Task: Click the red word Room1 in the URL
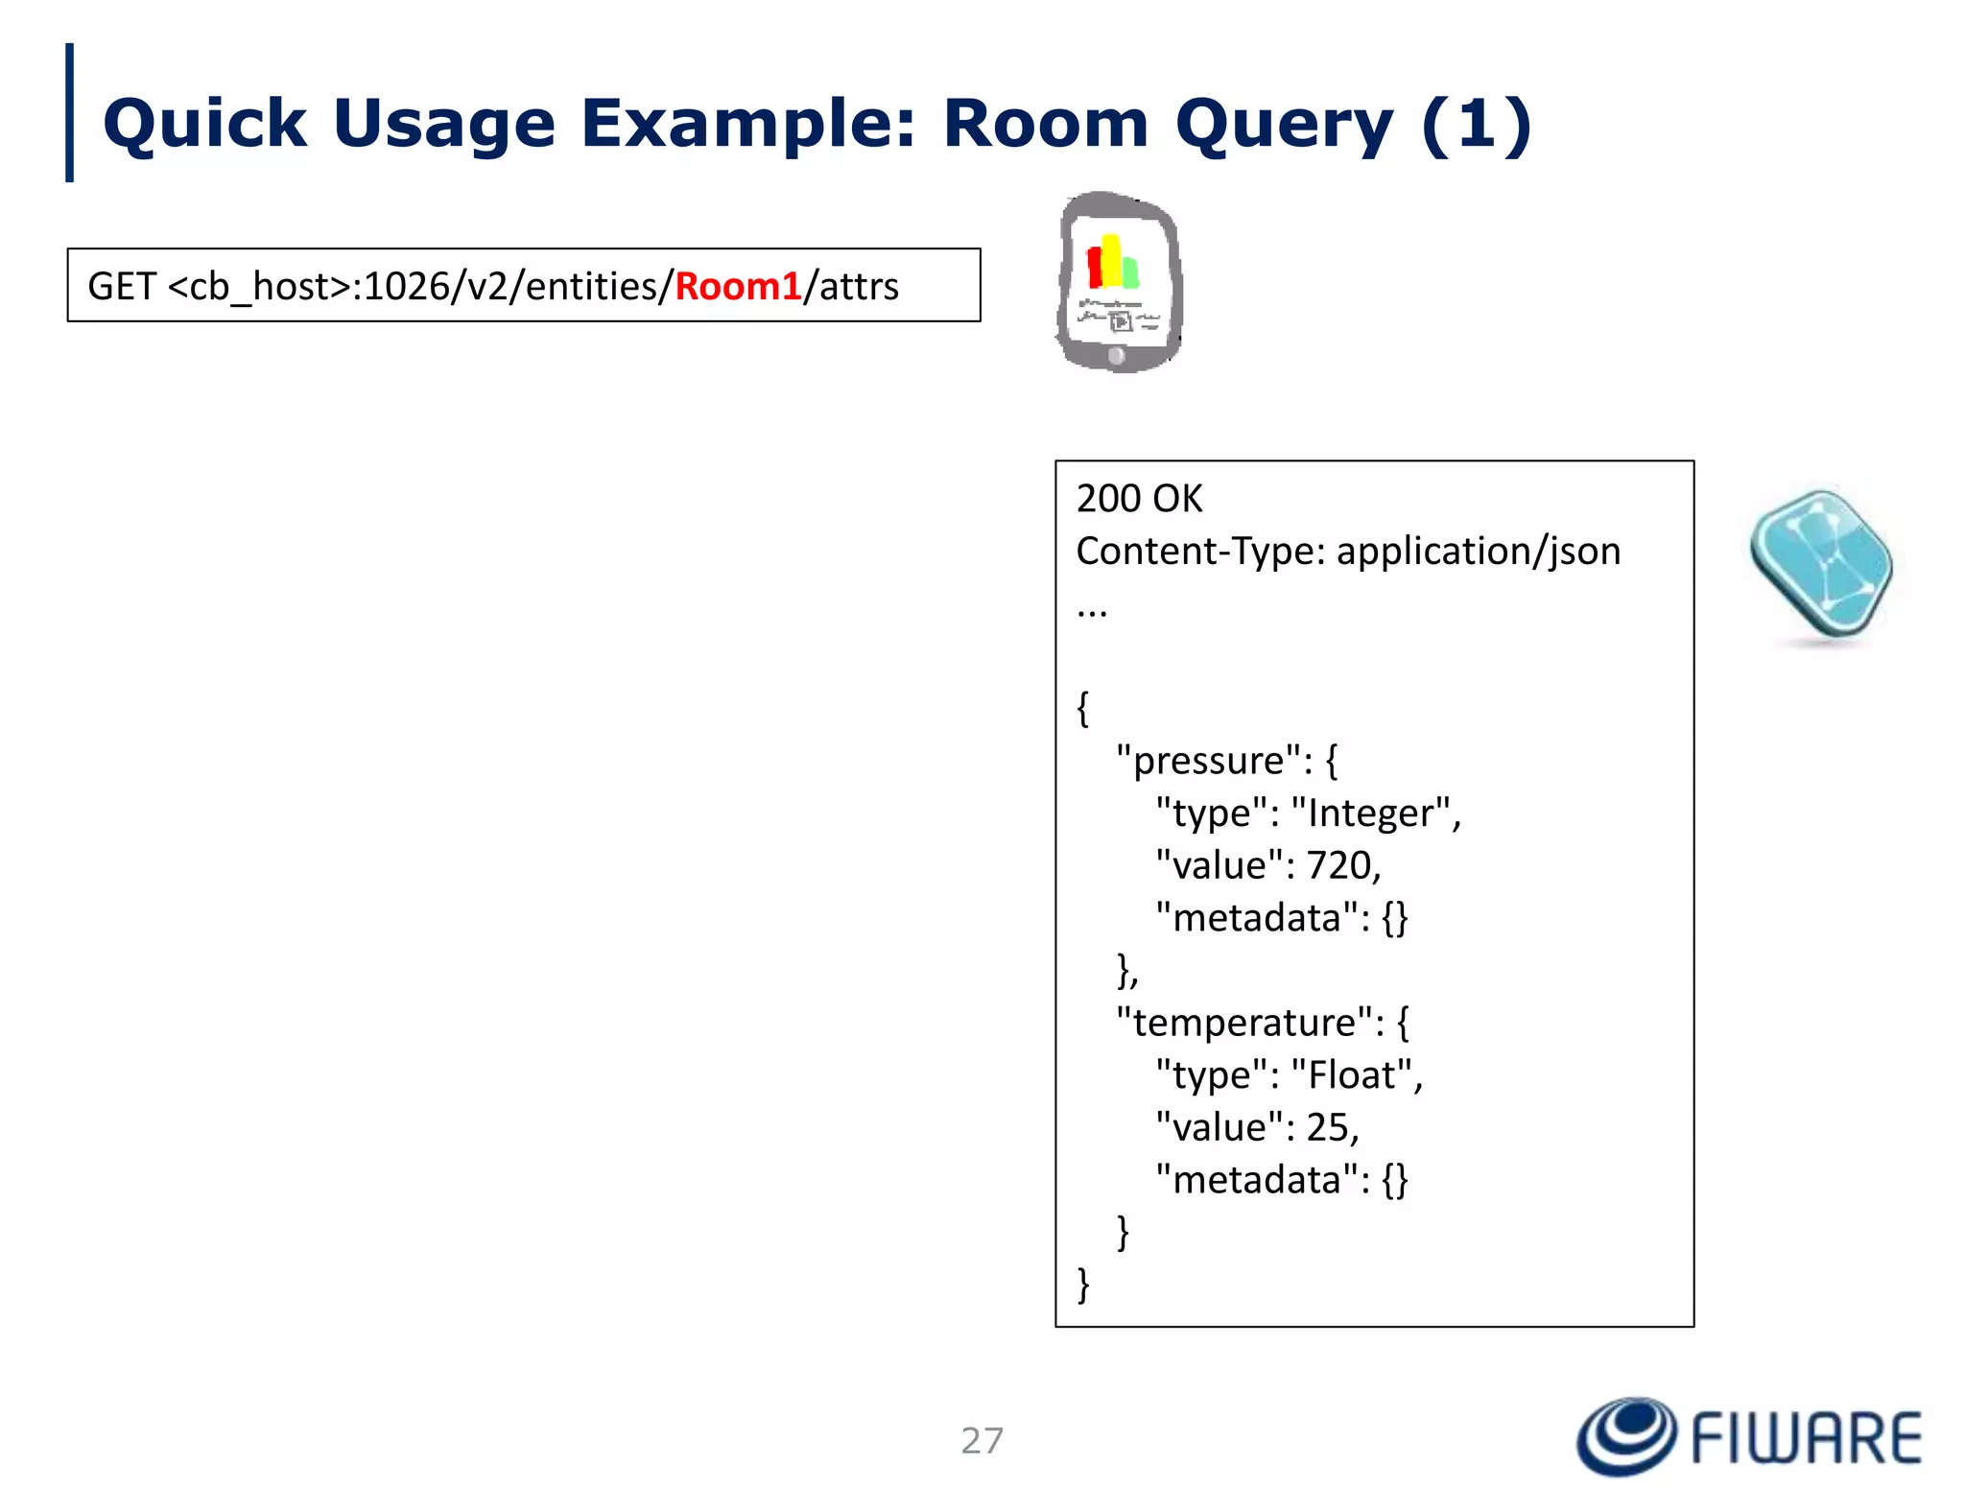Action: (738, 287)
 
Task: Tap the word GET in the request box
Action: (122, 287)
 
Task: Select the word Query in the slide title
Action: (1284, 125)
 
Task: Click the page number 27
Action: (982, 1441)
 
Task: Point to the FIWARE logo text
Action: (1806, 1439)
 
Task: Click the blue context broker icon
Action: (1820, 565)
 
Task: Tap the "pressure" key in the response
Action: (1208, 761)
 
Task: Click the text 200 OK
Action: (1139, 499)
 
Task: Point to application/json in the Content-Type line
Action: (1478, 552)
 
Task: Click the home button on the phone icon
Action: (1116, 357)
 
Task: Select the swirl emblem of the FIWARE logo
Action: (1626, 1436)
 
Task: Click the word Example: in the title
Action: (748, 125)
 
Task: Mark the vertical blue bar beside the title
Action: (69, 112)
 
